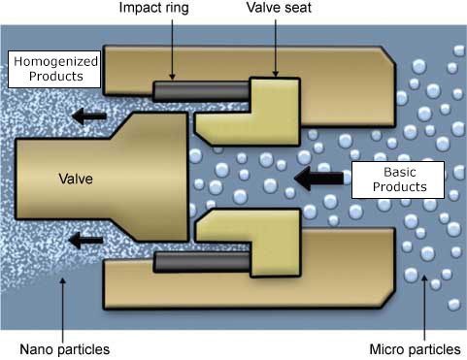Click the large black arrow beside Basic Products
tap(321, 178)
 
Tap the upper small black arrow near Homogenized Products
tap(90, 117)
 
